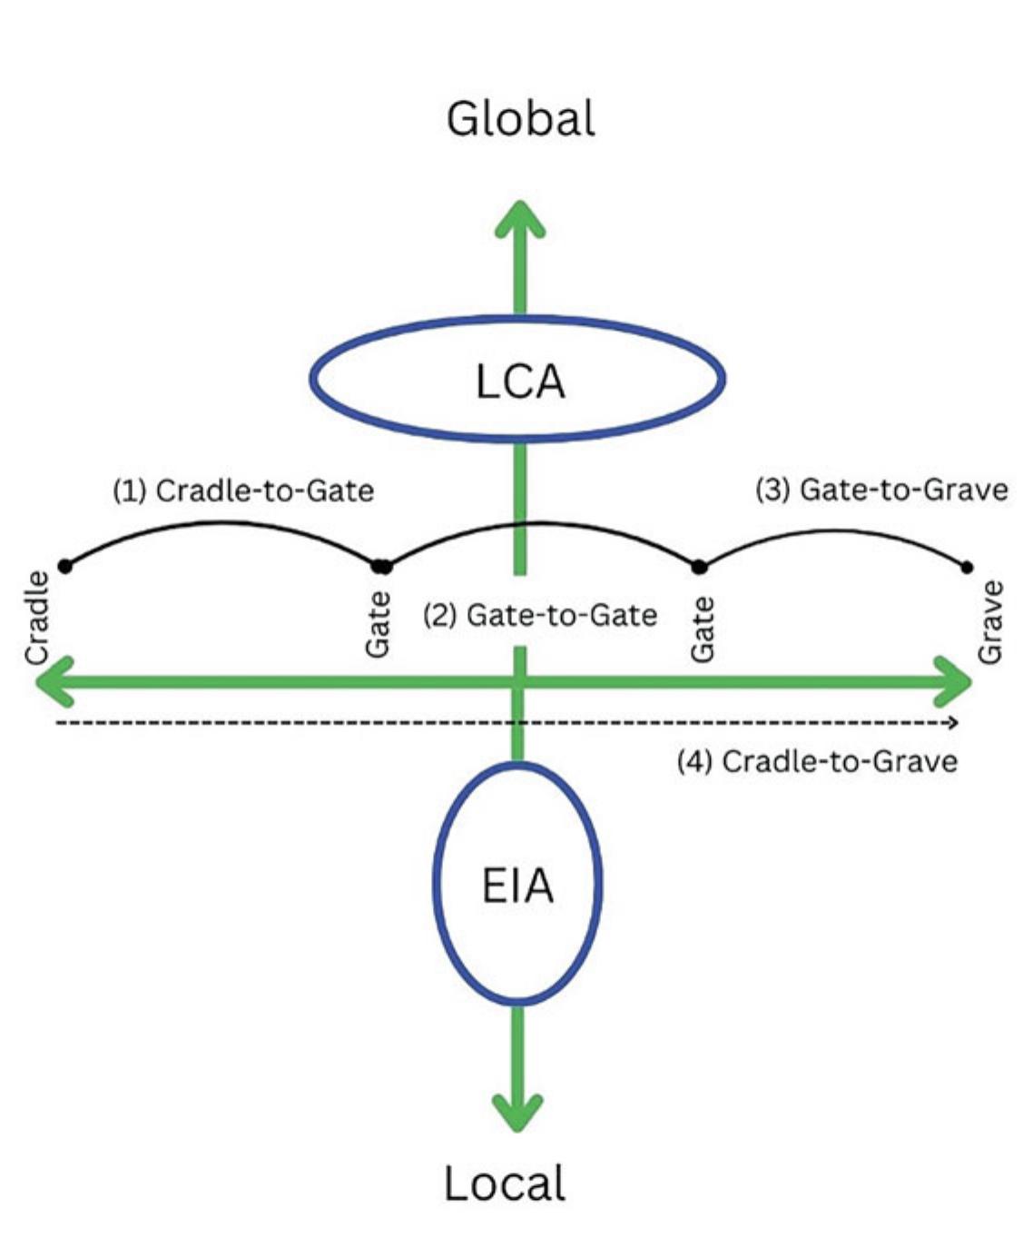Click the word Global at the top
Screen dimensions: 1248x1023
tap(520, 119)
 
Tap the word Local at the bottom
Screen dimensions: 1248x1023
tap(505, 1184)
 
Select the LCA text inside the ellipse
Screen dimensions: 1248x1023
tap(520, 381)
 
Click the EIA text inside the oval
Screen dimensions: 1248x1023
tap(517, 886)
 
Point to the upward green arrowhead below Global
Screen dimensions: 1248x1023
tap(520, 218)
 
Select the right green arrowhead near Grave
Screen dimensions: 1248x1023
tap(956, 681)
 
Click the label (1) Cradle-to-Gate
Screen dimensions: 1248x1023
tap(243, 490)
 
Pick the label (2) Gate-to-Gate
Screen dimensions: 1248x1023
tap(540, 615)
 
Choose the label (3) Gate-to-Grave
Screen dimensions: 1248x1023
tap(881, 490)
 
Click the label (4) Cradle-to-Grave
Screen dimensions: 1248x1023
tap(817, 760)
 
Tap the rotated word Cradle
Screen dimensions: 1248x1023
tap(37, 618)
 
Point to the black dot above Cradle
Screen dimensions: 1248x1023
tap(64, 566)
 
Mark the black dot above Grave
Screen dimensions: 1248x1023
tap(967, 567)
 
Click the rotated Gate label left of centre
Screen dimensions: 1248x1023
tap(378, 624)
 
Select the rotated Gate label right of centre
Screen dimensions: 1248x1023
tap(702, 629)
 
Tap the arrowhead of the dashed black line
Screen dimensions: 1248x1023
tap(952, 723)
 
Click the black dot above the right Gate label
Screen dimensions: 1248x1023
tap(699, 567)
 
